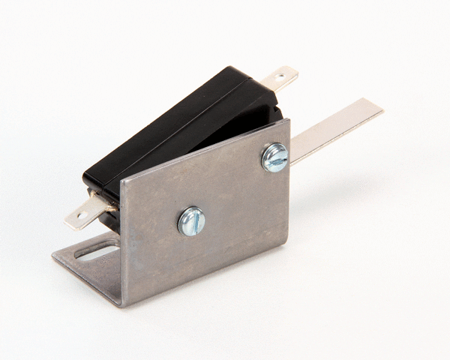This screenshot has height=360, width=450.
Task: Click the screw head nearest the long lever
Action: pyautogui.click(x=275, y=157)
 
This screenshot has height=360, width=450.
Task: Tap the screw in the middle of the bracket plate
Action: pyautogui.click(x=191, y=221)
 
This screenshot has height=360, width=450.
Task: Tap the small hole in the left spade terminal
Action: pyautogui.click(x=76, y=218)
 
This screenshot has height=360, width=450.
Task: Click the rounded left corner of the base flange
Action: pyautogui.click(x=55, y=257)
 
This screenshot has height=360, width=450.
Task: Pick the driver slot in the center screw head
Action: pyautogui.click(x=191, y=221)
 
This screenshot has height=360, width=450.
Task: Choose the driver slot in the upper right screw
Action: pyautogui.click(x=275, y=157)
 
